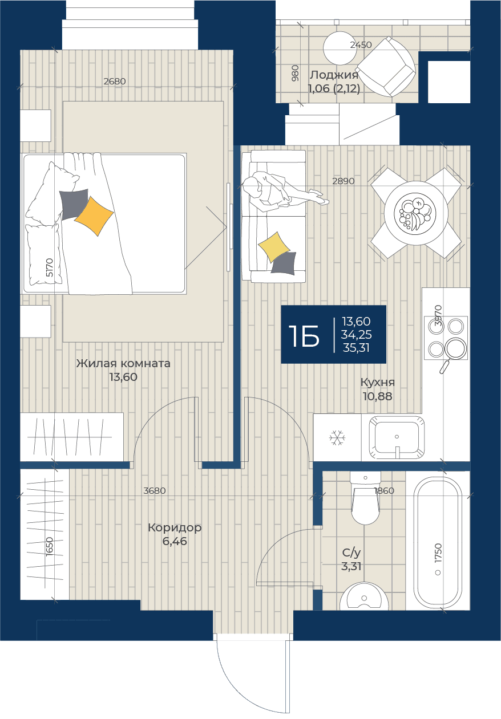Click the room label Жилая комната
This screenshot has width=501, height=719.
coord(123,363)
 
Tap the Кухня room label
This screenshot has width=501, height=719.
coord(377,382)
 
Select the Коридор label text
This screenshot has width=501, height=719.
coord(175,527)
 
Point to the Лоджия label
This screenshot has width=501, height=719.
coord(334,75)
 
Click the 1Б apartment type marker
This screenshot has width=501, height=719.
coord(304,335)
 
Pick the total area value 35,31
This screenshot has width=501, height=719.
coord(356,348)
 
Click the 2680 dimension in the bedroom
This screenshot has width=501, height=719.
coord(115,81)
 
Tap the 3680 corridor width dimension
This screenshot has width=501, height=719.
coord(155,490)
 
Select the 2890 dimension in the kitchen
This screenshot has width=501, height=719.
coord(344,181)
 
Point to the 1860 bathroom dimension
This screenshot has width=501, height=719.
coord(384,490)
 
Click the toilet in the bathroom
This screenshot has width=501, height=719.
coord(365,498)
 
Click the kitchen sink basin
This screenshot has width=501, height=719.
coord(397,437)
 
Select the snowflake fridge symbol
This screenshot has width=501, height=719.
coord(337,438)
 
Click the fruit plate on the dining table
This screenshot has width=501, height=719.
coord(415,212)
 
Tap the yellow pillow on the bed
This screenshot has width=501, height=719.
coord(94,216)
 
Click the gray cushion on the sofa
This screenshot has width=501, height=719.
coord(283,263)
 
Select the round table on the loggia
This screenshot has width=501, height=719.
coord(340,48)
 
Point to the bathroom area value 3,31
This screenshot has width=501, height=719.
coord(351,566)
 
